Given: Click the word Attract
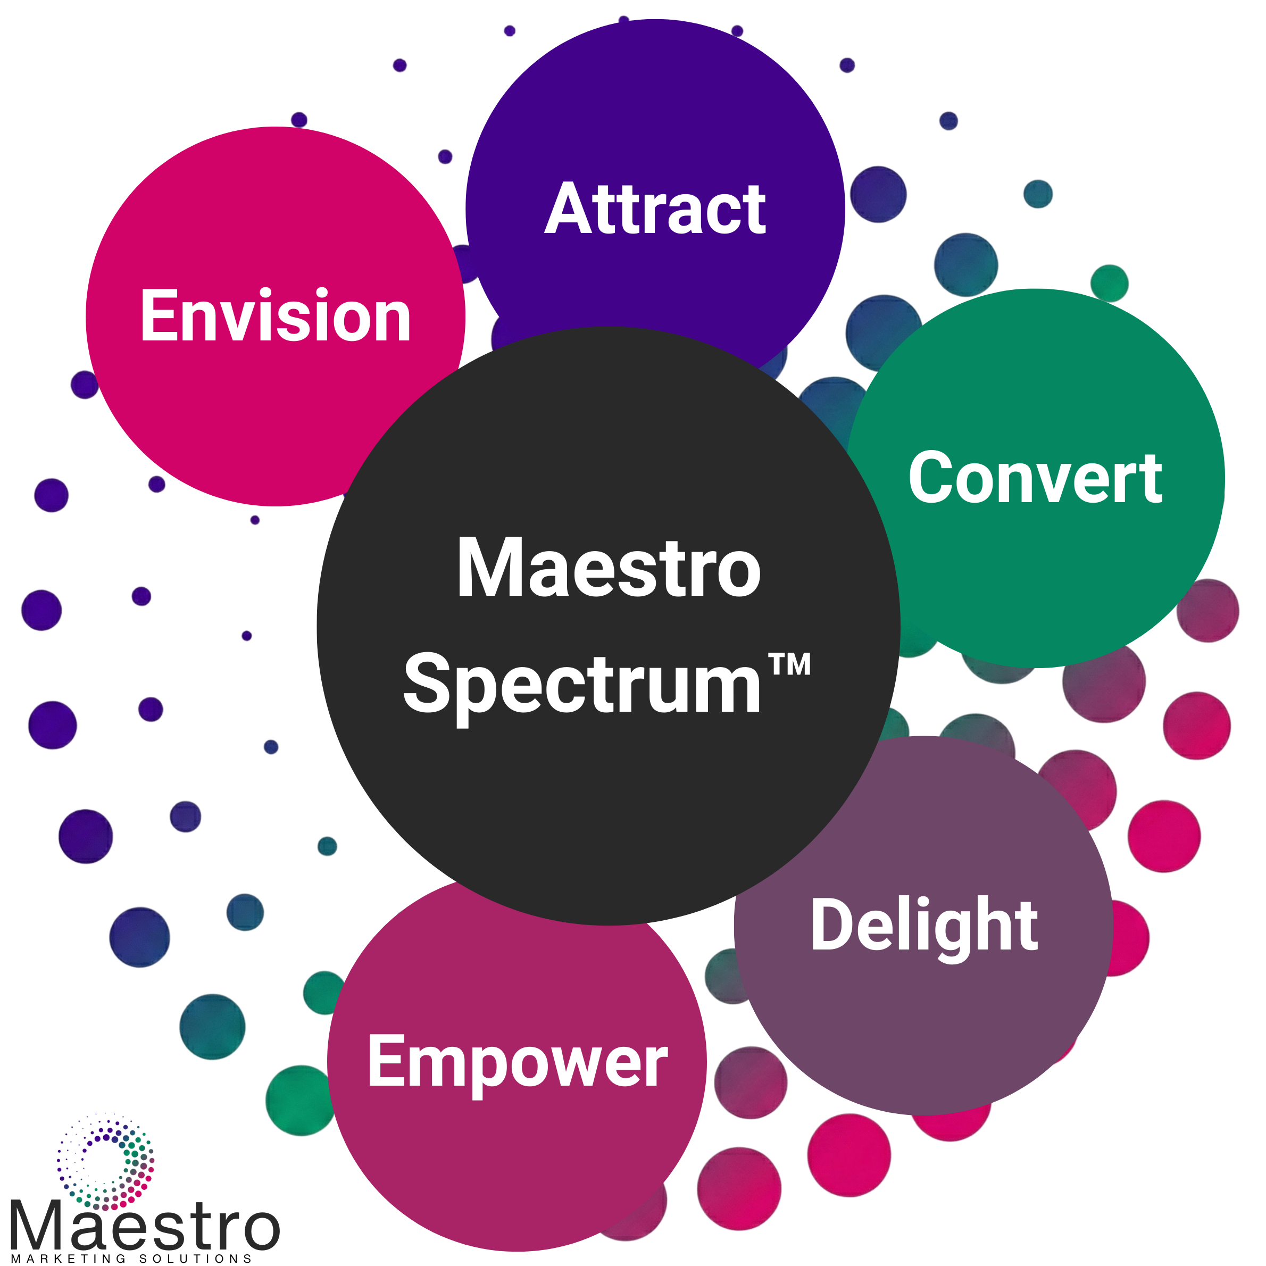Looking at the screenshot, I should [655, 209].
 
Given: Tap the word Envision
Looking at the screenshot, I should [275, 316].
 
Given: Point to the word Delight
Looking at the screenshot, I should [924, 925].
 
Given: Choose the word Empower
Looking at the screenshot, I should [517, 1062].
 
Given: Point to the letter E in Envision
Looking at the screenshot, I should [158, 316].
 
